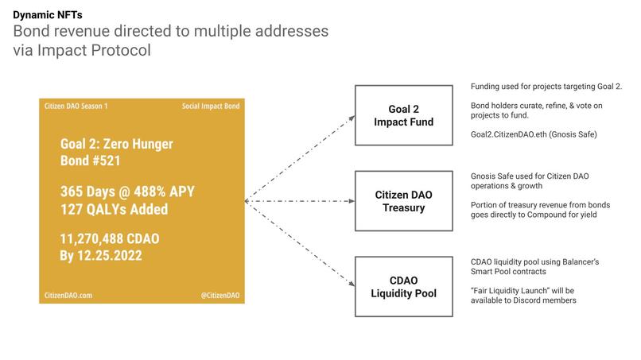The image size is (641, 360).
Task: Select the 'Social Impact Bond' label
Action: pyautogui.click(x=210, y=106)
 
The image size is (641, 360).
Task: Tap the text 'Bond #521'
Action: pyautogui.click(x=92, y=163)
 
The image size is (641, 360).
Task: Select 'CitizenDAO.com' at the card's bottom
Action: pyautogui.click(x=68, y=295)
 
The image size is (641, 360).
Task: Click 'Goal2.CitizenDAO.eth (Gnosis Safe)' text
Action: pyautogui.click(x=534, y=135)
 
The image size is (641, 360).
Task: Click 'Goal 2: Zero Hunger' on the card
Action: pyautogui.click(x=116, y=145)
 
